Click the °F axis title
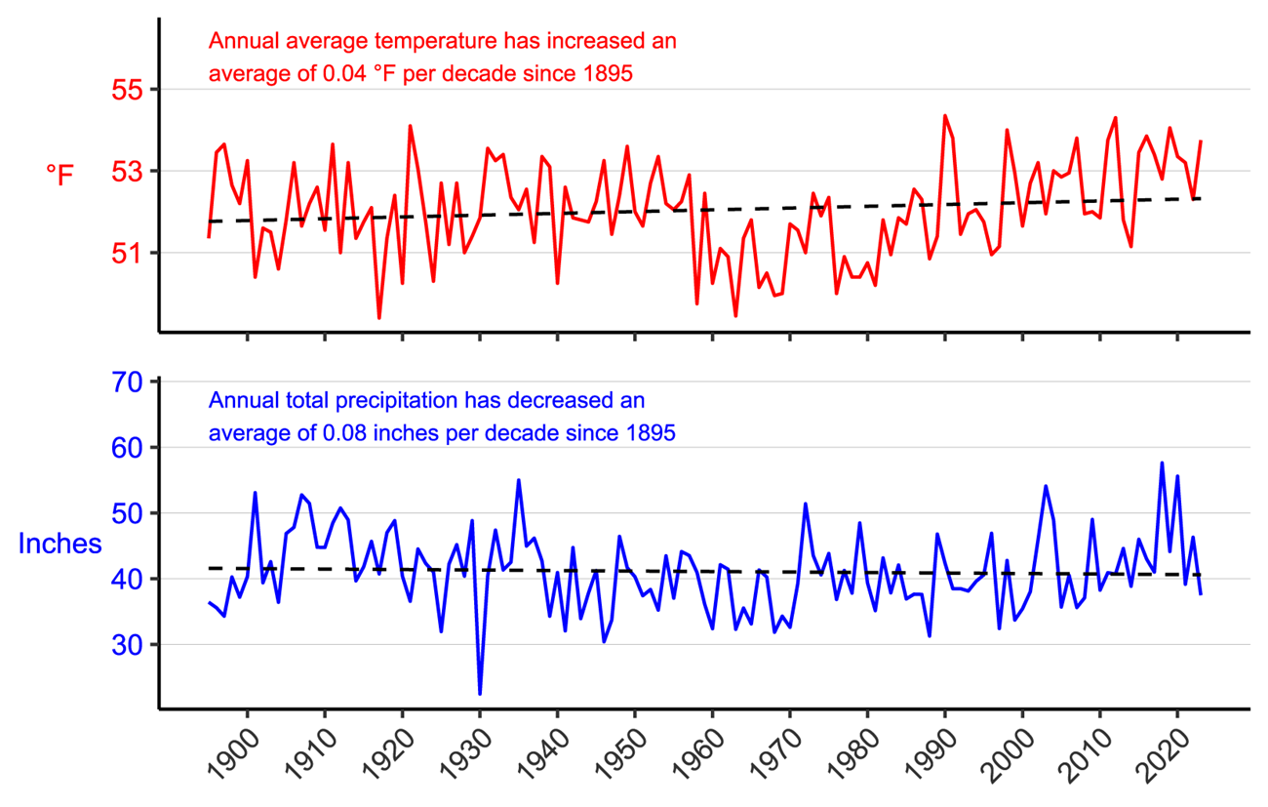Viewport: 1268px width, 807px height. (59, 175)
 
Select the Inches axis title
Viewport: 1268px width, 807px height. (59, 544)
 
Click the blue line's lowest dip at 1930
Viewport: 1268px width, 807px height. (480, 694)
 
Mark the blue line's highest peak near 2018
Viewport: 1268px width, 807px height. (1162, 463)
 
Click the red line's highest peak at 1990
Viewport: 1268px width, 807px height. (944, 115)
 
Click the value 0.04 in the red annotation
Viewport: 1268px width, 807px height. (340, 72)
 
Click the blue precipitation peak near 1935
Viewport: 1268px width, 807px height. (518, 480)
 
